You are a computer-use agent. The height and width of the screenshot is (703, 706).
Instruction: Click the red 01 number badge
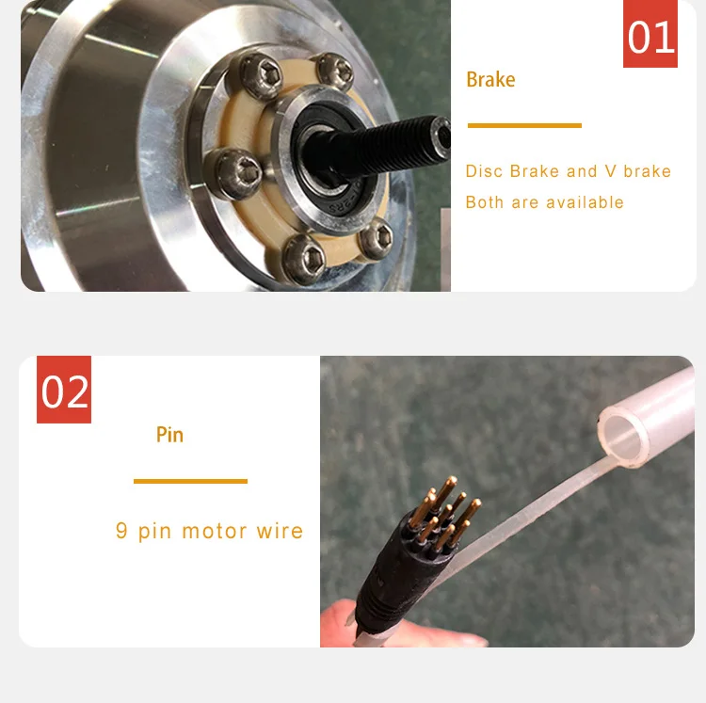pos(650,34)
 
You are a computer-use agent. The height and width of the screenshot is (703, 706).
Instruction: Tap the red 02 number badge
pos(64,390)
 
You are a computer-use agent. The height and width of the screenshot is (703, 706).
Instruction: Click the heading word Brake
pos(490,80)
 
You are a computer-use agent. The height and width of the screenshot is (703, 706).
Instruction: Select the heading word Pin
pos(169,435)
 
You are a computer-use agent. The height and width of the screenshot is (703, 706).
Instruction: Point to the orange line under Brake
pos(524,125)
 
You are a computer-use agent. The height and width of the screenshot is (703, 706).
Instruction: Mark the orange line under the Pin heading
pos(190,481)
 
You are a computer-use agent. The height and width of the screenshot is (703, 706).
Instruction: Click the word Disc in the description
pos(485,171)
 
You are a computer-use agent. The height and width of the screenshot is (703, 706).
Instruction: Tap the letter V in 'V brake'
pos(611,171)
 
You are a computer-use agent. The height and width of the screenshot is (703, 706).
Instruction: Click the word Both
pos(485,202)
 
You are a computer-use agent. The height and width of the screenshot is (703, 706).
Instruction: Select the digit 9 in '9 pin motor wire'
pos(121,531)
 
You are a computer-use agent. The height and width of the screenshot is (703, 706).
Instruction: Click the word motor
pos(215,531)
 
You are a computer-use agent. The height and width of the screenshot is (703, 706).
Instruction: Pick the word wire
pos(280,531)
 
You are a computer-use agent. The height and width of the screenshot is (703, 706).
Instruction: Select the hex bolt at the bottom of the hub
pos(305,259)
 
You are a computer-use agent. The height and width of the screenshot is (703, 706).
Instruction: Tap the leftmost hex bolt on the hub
pos(232,172)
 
